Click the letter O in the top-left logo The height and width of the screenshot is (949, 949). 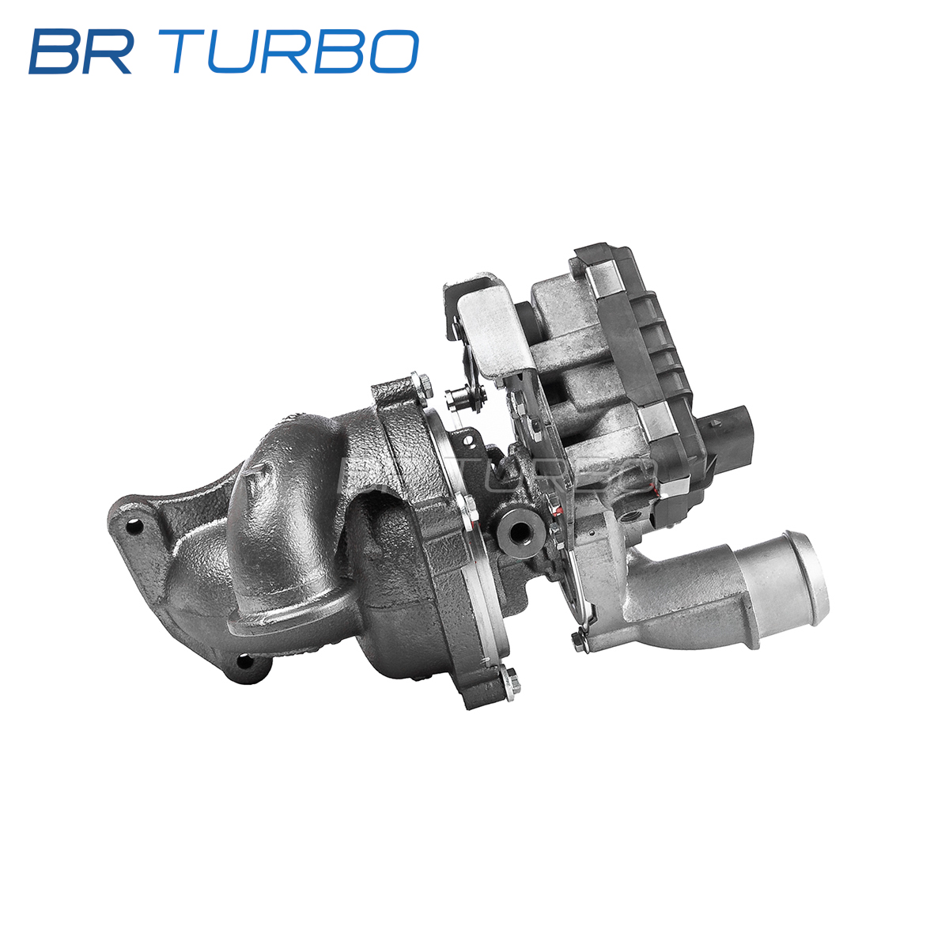tap(394, 51)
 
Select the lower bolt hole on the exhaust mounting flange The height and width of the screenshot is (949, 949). tap(244, 661)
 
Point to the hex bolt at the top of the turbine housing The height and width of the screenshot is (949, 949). tap(420, 385)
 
